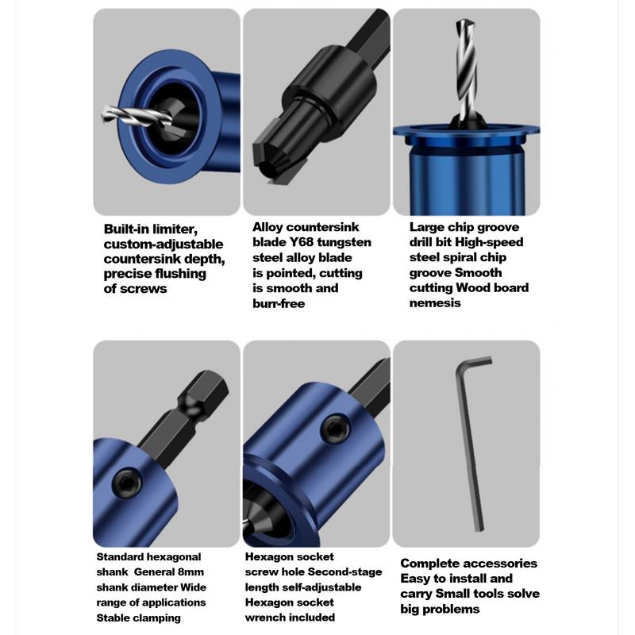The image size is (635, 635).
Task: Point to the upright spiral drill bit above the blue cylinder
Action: point(465,71)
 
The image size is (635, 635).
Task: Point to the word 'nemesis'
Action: point(435,302)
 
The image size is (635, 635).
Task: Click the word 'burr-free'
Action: point(279,303)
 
